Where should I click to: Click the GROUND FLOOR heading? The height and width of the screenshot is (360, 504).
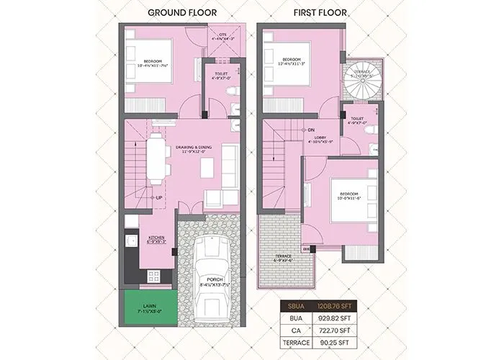(x=184, y=12)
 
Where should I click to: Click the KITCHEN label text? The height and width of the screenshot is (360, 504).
(x=157, y=238)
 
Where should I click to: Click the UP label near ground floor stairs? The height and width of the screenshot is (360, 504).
(x=158, y=197)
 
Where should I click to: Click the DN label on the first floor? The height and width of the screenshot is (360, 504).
(x=311, y=130)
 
